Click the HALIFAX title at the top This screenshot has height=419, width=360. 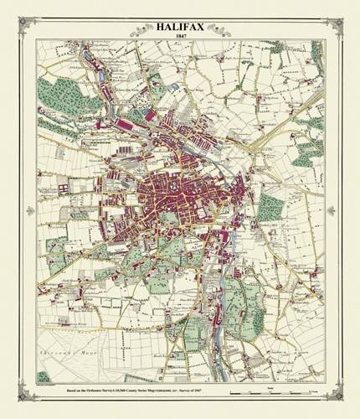tap(180, 27)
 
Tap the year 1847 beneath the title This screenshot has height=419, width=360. tap(180, 36)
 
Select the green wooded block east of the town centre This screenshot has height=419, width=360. tap(270, 205)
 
